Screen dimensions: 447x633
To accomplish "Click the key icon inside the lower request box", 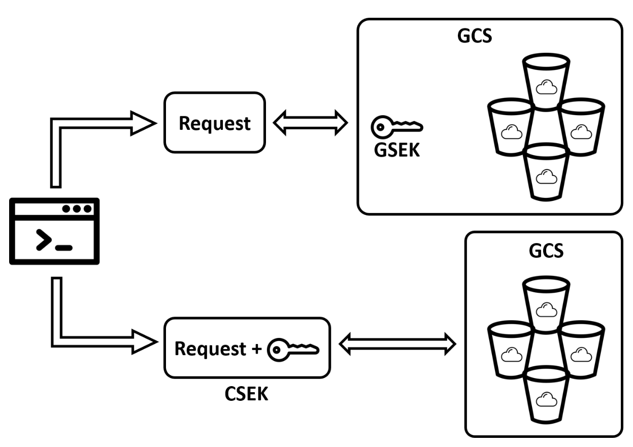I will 293,349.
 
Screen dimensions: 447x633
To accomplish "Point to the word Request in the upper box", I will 214,123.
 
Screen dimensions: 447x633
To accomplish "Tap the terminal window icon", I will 54,231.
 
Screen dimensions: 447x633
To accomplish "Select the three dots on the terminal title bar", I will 77,209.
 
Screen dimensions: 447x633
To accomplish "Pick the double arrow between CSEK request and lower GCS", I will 397,344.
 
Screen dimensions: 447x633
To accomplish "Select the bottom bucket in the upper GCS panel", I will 546,173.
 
